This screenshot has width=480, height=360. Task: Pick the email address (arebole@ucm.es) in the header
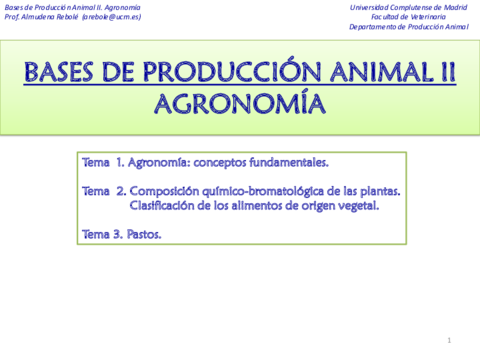tap(112, 17)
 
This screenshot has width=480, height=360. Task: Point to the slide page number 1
tap(449, 341)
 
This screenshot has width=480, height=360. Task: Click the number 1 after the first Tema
tap(119, 161)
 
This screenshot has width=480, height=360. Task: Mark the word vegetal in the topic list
tap(358, 206)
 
